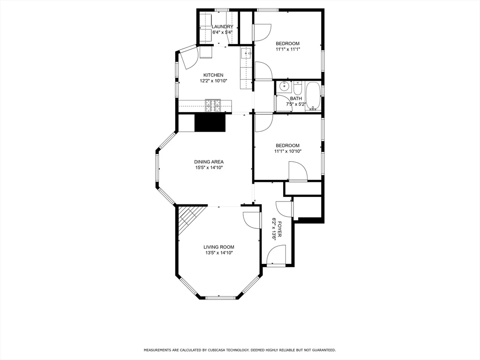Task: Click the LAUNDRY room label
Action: [222, 27]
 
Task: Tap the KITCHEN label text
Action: [213, 75]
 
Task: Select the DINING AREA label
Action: [209, 162]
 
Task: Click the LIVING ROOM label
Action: [218, 247]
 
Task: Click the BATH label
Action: [296, 98]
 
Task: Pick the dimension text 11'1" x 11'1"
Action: [287, 49]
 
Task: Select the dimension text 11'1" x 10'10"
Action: [287, 151]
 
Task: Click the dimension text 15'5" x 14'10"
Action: [209, 167]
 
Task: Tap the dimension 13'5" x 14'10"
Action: [218, 253]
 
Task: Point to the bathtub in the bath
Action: [313, 96]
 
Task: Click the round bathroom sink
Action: [284, 87]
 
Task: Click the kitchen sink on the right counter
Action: [246, 53]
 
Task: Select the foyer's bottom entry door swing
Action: [275, 255]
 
